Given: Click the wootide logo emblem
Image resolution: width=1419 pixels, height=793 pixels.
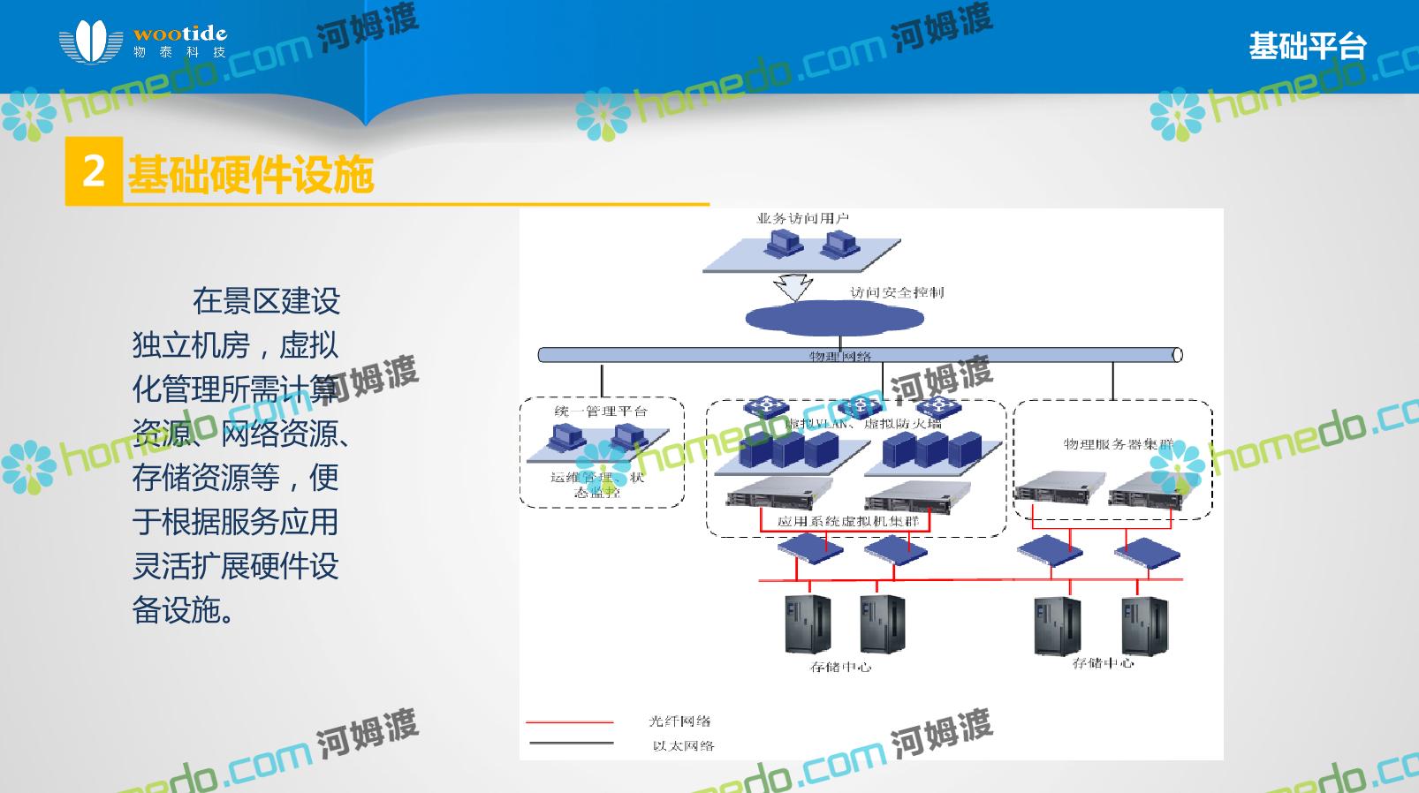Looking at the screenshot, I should point(90,42).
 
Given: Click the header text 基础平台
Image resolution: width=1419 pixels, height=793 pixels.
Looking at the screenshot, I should point(1307,45).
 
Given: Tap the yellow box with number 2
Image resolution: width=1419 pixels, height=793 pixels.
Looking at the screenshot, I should point(94,170).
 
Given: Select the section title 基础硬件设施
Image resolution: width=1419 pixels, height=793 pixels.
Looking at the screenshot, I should point(251,174).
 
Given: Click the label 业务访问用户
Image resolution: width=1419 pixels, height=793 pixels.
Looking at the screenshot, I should point(802,218).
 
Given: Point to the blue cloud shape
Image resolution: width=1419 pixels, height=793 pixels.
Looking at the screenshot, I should point(822,319).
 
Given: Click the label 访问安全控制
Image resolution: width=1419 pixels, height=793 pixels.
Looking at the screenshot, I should point(896,292).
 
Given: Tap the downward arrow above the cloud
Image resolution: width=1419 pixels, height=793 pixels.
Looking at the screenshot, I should point(792,288).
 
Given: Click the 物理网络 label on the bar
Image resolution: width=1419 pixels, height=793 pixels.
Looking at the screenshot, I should point(840,356).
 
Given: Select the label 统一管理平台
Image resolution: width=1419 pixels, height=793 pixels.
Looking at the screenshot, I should point(601,412).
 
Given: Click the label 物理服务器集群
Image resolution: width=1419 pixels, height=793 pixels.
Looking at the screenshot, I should point(1117,443).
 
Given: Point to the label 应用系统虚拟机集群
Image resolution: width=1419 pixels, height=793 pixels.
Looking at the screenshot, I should point(847,521).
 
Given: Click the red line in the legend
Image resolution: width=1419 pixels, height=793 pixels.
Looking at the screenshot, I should point(569,722).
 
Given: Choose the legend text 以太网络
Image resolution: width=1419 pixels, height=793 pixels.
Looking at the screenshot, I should point(683,746).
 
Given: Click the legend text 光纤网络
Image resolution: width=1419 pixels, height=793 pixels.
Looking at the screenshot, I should point(679,721).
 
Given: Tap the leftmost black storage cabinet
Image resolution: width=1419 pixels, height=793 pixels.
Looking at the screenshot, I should point(808,623).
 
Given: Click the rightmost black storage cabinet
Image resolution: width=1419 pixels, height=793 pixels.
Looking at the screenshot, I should point(1144,625).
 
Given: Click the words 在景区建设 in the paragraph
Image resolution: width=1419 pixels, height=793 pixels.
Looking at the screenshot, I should point(266,301).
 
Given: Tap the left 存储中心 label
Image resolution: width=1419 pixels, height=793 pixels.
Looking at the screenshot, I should point(840,667).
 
